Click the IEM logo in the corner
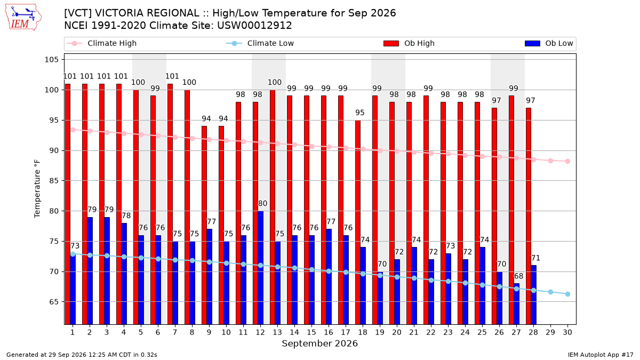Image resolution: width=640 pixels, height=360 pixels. pos(23,18)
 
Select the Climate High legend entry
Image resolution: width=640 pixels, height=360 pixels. pos(101,43)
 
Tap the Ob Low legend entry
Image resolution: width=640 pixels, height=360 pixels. pos(549,43)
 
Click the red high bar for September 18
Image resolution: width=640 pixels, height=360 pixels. pos(358,222)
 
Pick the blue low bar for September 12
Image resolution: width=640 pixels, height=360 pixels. pos(261,268)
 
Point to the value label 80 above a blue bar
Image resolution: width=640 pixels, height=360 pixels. pos(262,203)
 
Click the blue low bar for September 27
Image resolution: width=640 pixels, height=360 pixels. pos(517,304)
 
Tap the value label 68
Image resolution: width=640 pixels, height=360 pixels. pos(518,276)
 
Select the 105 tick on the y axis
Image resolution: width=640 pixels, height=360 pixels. pos(51,60)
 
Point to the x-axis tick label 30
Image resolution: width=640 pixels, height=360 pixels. pos(567,332)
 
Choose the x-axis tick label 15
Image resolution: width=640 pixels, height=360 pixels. pos(311,332)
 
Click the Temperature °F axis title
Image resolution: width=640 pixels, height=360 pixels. pos(37,189)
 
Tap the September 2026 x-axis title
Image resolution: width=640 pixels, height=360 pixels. pos(319,343)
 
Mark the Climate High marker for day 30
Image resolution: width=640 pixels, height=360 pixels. pos(567,162)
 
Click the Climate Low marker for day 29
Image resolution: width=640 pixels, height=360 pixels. pos(550,292)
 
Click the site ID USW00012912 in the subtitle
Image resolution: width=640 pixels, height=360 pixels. pos(254,26)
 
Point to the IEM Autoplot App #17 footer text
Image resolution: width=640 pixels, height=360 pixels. pos(601,355)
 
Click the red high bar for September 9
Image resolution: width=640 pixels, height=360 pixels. pos(204,225)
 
